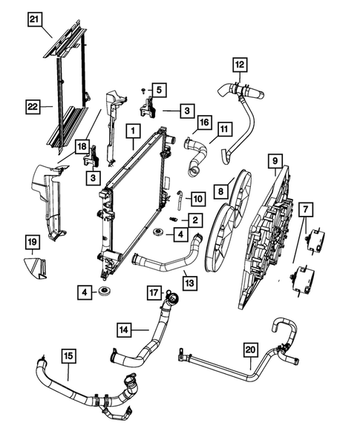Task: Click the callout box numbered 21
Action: [x=35, y=19]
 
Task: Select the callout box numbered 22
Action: [x=33, y=107]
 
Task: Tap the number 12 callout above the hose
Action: [x=240, y=65]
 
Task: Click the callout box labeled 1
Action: [x=133, y=131]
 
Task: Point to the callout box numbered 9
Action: [x=275, y=161]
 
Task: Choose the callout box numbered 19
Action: [x=33, y=242]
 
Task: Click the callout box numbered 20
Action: [x=250, y=350]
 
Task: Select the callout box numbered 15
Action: [x=68, y=356]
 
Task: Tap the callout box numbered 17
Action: [x=154, y=292]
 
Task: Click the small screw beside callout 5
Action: [x=143, y=90]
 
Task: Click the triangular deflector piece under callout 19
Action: [x=35, y=268]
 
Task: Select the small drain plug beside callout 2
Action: [x=173, y=219]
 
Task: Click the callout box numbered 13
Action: [x=189, y=283]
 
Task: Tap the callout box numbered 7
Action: [x=306, y=210]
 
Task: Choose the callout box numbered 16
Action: [x=204, y=122]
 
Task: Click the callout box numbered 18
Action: [x=82, y=147]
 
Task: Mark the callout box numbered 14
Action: [x=124, y=330]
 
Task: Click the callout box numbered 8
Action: [x=221, y=191]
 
